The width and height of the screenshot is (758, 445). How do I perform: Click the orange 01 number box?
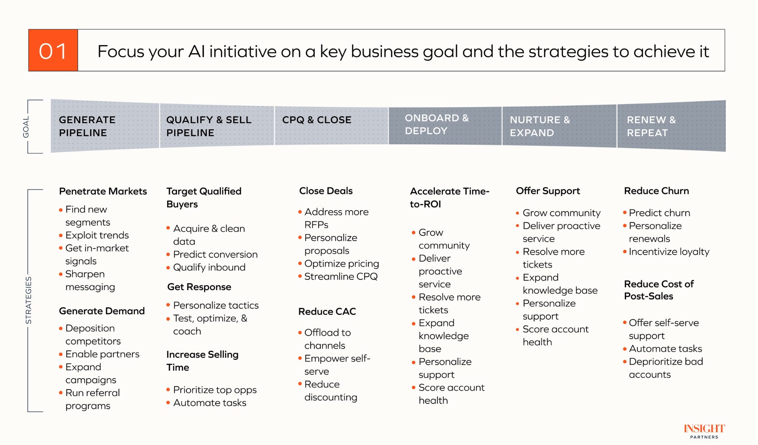[53, 51]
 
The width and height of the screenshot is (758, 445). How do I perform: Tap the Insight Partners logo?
[704, 431]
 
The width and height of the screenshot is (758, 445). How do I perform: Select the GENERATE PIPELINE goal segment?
[105, 126]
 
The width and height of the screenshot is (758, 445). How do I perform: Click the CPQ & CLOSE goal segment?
[331, 126]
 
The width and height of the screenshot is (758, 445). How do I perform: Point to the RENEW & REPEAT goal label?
[651, 126]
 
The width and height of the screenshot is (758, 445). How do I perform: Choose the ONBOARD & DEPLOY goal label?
[436, 124]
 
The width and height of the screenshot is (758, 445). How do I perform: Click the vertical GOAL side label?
[26, 127]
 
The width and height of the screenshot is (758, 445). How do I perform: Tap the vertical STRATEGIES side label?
[28, 300]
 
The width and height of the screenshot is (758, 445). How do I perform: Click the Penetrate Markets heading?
[103, 191]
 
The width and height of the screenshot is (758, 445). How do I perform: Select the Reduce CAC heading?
[327, 311]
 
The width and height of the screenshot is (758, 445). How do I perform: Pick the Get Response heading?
[199, 287]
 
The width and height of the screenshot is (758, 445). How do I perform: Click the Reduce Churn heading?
[656, 191]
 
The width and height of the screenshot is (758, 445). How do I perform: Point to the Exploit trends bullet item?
[97, 235]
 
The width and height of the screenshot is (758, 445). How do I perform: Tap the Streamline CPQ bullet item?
[340, 276]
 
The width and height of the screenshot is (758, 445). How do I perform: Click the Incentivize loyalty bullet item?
[669, 252]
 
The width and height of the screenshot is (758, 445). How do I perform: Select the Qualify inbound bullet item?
[209, 267]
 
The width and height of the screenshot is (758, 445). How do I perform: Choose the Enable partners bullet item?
[102, 354]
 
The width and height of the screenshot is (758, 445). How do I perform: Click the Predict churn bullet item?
[659, 213]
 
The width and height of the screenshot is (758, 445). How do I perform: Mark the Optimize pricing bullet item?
[341, 264]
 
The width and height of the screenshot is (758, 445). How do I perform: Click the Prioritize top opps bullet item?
[214, 390]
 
